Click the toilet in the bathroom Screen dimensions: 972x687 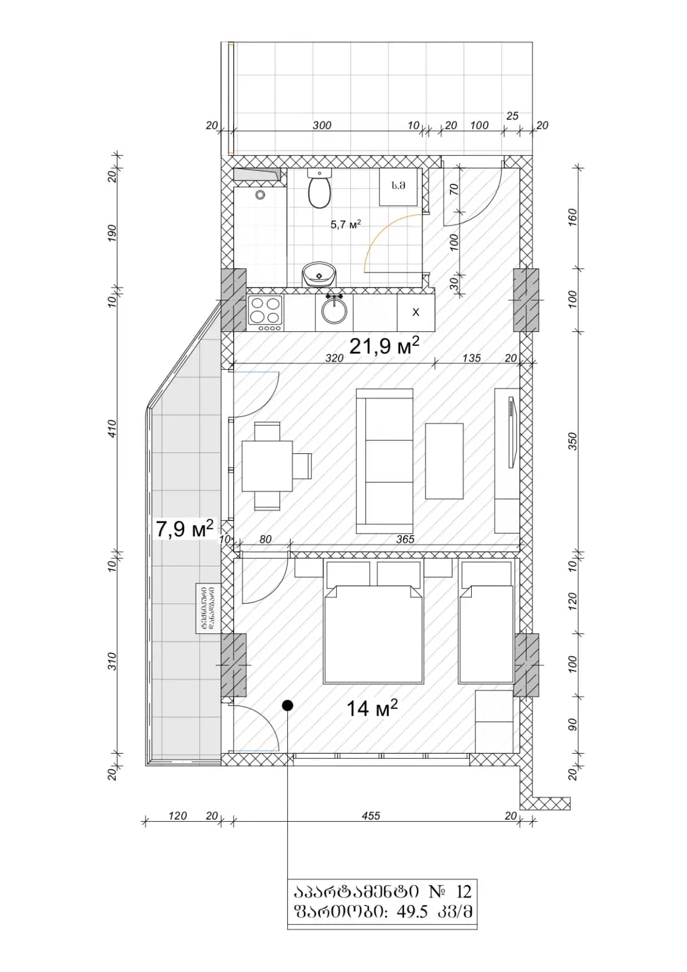319,191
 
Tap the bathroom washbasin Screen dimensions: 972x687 318,274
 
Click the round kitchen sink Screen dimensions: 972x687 334,311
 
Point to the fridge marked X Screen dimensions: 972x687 416,312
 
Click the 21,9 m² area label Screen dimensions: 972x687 384,346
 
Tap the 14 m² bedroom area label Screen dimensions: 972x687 372,708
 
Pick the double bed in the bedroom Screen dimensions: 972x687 373,630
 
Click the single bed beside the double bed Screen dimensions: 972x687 485,630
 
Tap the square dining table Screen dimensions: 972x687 267,466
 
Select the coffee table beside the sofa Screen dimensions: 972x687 444,461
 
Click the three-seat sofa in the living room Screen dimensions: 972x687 384,461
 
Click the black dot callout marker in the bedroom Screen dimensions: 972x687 287,706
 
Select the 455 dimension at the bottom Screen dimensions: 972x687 371,816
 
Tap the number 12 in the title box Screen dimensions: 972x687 464,892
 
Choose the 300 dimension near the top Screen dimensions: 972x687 322,126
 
